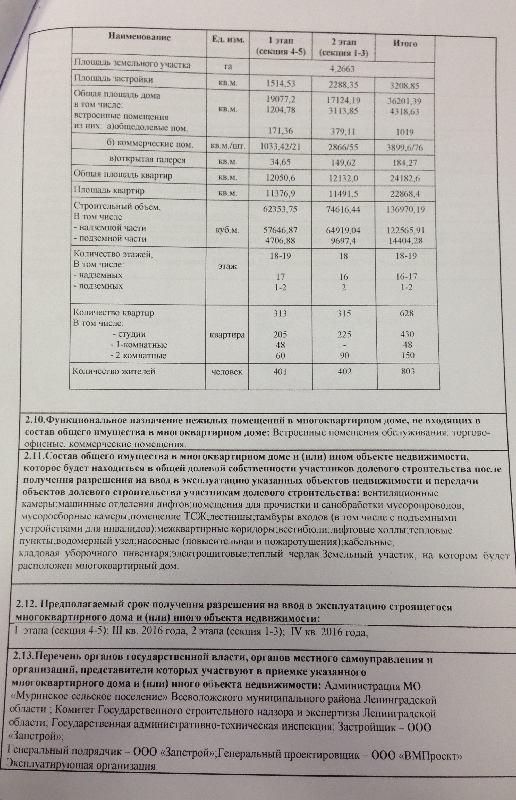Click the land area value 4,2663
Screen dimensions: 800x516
point(342,69)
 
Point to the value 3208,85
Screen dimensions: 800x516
point(405,86)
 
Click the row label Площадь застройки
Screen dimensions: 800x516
point(113,79)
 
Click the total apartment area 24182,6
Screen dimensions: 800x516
point(407,179)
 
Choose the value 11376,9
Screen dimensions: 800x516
point(280,193)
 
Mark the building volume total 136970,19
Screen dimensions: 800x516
point(406,210)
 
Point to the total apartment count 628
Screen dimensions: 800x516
point(407,313)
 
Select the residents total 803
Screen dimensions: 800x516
point(407,371)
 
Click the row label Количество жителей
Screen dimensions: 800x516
point(114,371)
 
